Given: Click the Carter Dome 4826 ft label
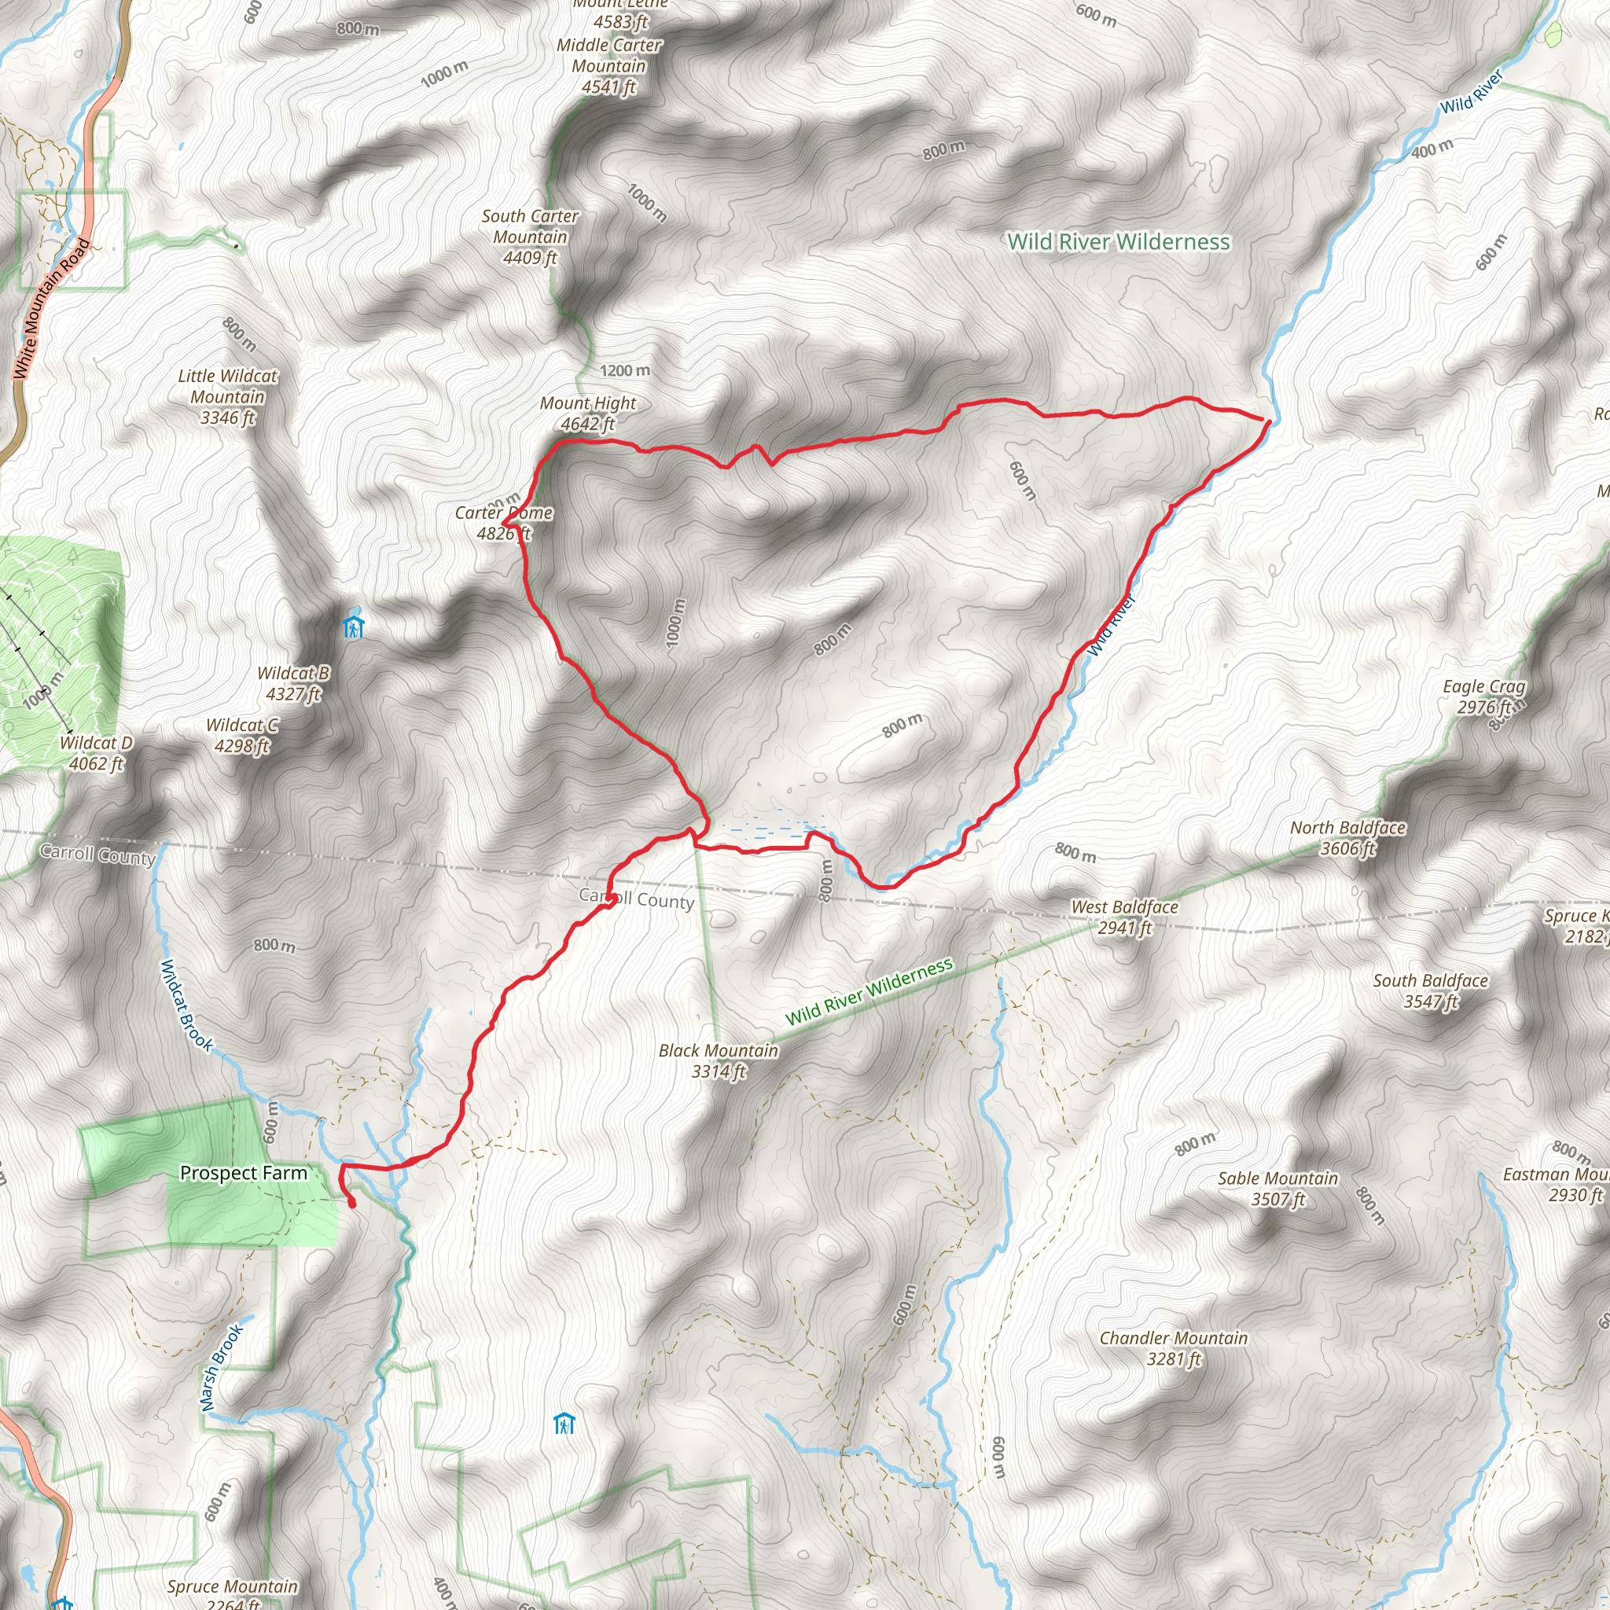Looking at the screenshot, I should tap(503, 524).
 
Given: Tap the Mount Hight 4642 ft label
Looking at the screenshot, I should tap(587, 414).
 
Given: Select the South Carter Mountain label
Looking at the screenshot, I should tap(530, 237).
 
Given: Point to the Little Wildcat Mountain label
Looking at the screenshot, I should tap(227, 397).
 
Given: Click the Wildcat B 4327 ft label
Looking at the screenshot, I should tap(293, 683).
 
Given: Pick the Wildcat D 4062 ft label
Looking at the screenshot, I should tap(96, 753).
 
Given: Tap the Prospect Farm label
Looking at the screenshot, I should tap(244, 1174).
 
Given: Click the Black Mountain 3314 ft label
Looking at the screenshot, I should tap(719, 1060).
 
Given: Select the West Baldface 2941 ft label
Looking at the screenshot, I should tap(1124, 917).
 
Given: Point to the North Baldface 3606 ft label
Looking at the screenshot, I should tap(1347, 837).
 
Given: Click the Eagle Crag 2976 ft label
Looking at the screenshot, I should tap(1484, 697).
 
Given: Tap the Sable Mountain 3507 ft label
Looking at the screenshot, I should tap(1277, 1189).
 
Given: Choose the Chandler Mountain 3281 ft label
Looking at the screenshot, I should tap(1174, 1348).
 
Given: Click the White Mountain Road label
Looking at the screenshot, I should tap(51, 308).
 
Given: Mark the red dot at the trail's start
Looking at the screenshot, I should tap(351, 1204).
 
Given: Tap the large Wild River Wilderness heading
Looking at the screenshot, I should tap(1119, 241).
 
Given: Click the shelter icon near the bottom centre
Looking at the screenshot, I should tap(565, 1424).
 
